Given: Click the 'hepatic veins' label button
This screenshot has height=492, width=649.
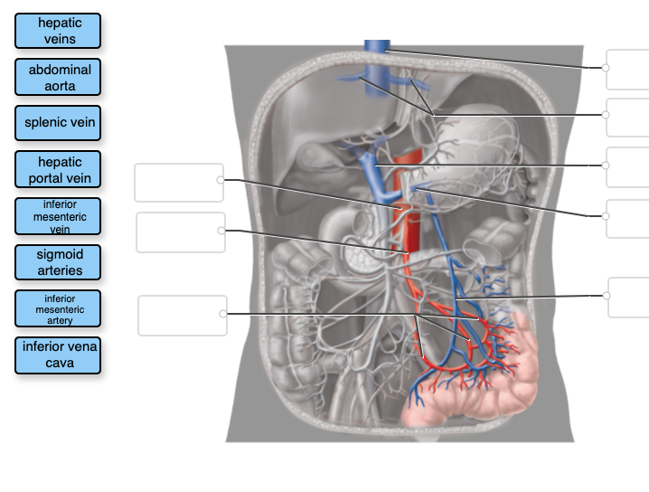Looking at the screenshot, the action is (x=58, y=31).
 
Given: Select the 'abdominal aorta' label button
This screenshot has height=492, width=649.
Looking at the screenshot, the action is (x=58, y=78).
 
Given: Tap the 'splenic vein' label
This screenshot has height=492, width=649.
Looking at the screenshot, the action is (x=58, y=122).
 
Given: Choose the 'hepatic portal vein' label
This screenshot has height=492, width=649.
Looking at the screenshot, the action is (x=58, y=170).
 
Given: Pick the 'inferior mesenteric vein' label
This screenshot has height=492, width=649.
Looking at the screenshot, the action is (x=58, y=217).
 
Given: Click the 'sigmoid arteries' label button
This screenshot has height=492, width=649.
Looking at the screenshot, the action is (x=58, y=262).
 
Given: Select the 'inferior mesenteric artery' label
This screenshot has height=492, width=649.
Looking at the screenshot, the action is (x=58, y=309).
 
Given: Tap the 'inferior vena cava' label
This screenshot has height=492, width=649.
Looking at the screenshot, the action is (x=58, y=355).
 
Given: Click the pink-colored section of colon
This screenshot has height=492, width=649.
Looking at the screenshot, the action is (x=488, y=398).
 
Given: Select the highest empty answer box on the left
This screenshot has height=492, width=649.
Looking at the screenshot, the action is (x=178, y=182).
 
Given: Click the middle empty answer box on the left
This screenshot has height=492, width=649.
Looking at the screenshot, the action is (x=181, y=232).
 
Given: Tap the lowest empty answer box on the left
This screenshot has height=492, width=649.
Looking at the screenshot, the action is (x=182, y=315).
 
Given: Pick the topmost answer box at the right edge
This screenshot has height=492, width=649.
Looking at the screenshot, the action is (x=628, y=69).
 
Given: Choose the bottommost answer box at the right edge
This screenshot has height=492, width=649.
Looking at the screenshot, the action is (x=629, y=297).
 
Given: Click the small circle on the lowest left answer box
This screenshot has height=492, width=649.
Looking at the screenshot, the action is (x=223, y=314).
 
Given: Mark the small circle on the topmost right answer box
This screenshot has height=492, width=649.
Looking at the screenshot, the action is (x=606, y=67).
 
